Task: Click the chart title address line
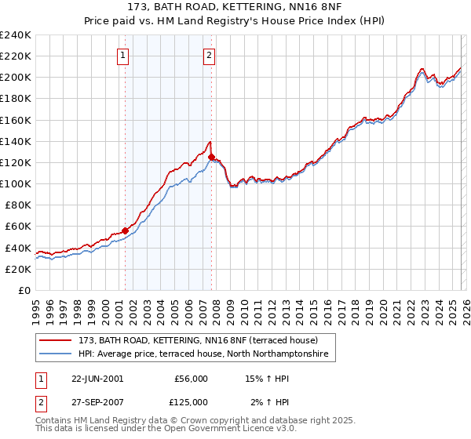click(235, 6)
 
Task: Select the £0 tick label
click(24, 290)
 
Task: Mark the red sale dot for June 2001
click(125, 230)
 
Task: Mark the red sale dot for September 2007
click(211, 157)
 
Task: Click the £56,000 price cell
click(190, 379)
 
